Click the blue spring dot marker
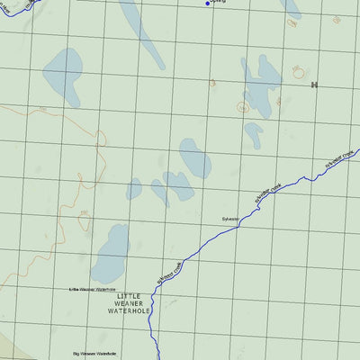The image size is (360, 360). pyautogui.click(x=208, y=4)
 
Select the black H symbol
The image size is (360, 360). pyautogui.click(x=314, y=85)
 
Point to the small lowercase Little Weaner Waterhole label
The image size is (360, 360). pyautogui.click(x=93, y=290)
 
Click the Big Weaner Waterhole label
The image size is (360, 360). pyautogui.click(x=96, y=353)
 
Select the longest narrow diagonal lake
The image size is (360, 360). pyautogui.click(x=142, y=31)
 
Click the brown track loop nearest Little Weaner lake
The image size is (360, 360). pyautogui.click(x=84, y=214)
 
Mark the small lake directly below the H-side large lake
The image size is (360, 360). pyautogui.click(x=254, y=134)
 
